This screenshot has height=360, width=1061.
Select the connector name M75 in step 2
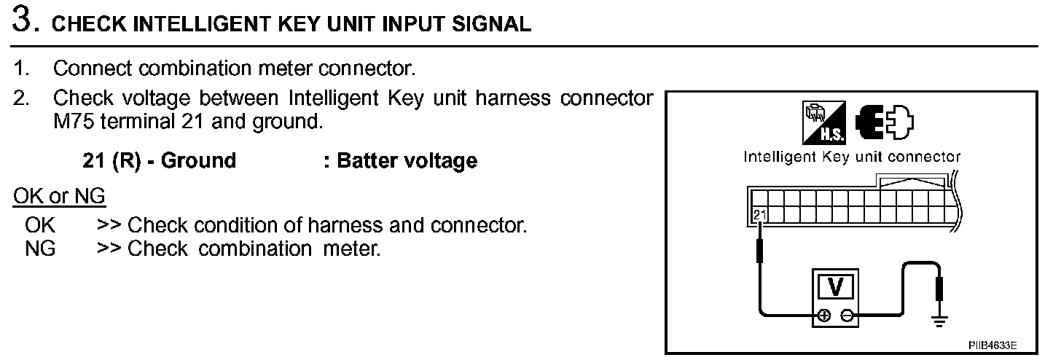point(74,121)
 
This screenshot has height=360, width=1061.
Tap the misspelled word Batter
point(368,160)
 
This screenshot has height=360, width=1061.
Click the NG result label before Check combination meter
point(40,249)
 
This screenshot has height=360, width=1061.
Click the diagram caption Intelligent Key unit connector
point(852,157)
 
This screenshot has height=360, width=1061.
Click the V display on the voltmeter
point(835,288)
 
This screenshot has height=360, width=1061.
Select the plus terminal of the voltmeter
point(823,316)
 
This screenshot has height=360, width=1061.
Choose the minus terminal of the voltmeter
point(847,316)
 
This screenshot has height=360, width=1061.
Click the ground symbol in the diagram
point(939,320)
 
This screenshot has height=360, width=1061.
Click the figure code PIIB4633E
point(992,344)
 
